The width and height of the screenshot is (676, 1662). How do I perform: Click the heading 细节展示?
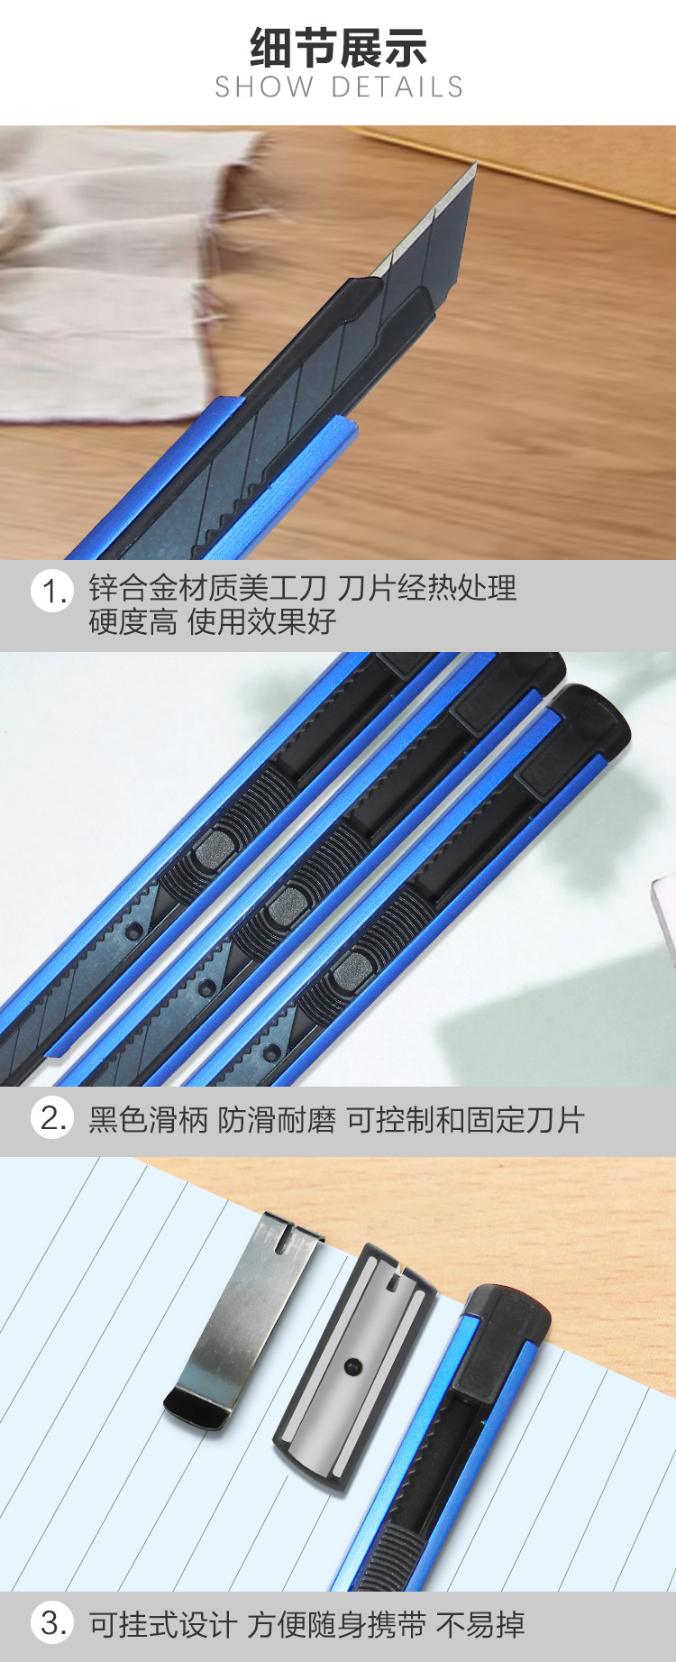(x=338, y=47)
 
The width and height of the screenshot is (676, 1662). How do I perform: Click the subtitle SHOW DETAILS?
(x=339, y=87)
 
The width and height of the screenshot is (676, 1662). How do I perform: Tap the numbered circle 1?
(x=51, y=592)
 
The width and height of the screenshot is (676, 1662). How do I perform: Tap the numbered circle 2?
(x=51, y=1118)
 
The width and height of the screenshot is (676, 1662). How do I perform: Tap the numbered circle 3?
(x=51, y=1623)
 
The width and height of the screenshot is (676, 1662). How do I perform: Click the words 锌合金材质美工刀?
(x=207, y=588)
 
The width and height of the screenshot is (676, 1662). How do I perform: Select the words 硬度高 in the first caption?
(x=132, y=621)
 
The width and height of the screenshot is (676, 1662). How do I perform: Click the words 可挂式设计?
(x=162, y=1625)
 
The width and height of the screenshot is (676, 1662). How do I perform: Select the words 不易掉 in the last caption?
(x=480, y=1625)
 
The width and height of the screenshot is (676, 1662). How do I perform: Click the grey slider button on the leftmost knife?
(x=212, y=848)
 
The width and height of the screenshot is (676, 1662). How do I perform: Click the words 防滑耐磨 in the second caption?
(x=277, y=1120)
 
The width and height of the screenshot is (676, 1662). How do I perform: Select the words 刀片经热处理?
(x=426, y=588)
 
